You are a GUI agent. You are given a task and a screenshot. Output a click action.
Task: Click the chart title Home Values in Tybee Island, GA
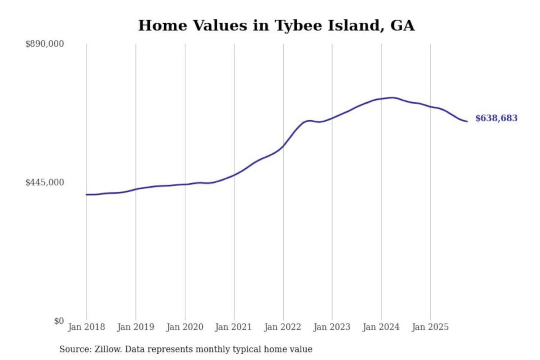[x=276, y=25]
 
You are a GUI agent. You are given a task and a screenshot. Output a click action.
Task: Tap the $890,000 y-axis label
[x=45, y=44]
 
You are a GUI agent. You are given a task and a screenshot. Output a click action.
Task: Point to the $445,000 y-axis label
[x=45, y=182]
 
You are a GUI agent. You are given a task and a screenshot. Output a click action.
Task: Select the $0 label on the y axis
[x=59, y=321]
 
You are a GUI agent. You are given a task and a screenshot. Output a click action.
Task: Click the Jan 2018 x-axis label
[x=87, y=327]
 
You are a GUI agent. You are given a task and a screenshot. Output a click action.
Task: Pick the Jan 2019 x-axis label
[x=136, y=327]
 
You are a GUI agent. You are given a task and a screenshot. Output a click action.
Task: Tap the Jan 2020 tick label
[x=185, y=327]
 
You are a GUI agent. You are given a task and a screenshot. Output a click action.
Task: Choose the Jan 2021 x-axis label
[x=233, y=327]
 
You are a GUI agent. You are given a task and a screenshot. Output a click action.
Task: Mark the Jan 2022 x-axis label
[x=283, y=327]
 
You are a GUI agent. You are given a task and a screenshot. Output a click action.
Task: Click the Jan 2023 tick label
[x=332, y=327]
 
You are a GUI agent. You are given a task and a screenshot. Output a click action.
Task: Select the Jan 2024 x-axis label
[x=381, y=327]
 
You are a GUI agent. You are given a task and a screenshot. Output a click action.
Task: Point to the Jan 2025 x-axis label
[x=430, y=327]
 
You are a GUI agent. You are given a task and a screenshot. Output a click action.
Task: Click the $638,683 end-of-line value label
[x=496, y=118]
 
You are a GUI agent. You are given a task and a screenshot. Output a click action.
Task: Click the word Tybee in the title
[x=299, y=25]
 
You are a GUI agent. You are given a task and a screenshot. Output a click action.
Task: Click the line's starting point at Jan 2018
[x=87, y=194]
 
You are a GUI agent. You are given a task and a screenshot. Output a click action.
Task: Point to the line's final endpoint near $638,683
[x=467, y=121]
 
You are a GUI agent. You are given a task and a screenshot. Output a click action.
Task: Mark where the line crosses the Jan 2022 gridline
[x=283, y=146]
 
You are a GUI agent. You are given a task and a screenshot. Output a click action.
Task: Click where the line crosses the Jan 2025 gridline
[x=430, y=107]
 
